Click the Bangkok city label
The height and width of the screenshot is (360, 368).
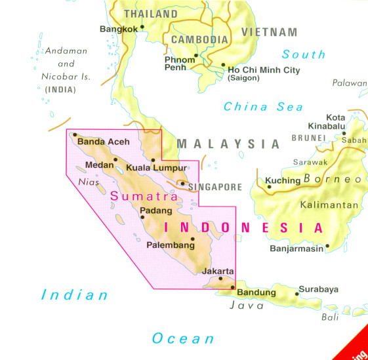[x=119, y=29]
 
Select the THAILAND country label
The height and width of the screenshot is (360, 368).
[x=151, y=14]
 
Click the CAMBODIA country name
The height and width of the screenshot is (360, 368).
[x=199, y=39]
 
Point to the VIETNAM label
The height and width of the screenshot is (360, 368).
[x=269, y=31]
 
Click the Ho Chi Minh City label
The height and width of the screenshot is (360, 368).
[x=264, y=70]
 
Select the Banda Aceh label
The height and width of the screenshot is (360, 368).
[x=104, y=141]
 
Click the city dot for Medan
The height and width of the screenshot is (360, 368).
[x=115, y=159]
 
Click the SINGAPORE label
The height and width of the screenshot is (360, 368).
[x=215, y=187]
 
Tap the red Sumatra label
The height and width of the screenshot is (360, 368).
[x=144, y=195]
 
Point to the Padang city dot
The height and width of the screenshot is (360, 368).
[x=142, y=217]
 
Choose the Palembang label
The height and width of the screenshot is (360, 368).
[x=171, y=245]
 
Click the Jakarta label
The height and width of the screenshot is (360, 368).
[x=218, y=271]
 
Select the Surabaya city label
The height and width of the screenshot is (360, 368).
[x=318, y=289]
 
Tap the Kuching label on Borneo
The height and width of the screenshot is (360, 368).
[x=283, y=180]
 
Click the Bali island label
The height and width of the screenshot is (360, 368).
[x=330, y=317]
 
